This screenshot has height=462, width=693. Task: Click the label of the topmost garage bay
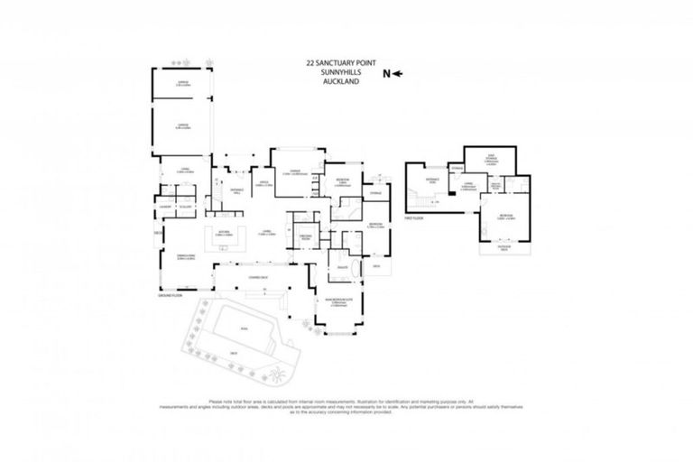(x=180, y=85)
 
